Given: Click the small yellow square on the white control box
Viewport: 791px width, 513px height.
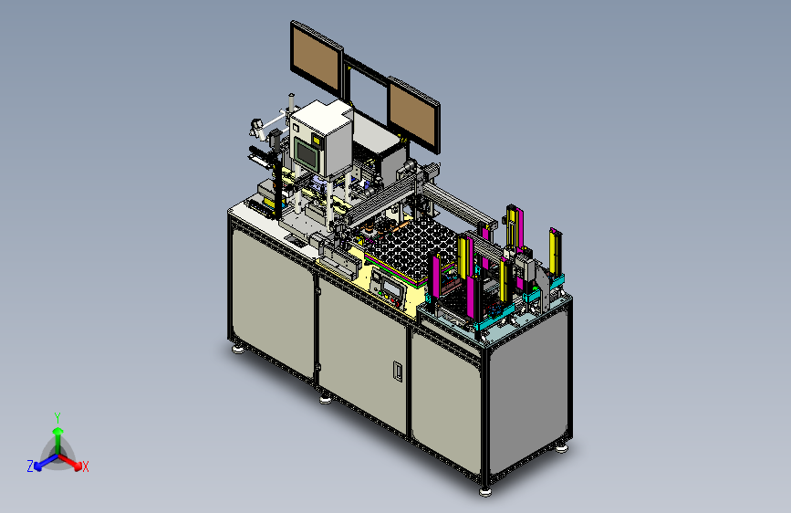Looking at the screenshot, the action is [317, 140].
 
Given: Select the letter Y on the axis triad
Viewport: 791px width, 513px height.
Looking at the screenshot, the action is [57, 417].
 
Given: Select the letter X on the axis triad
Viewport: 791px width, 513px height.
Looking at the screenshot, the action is [85, 466].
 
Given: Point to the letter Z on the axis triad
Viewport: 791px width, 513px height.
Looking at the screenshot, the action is [30, 466].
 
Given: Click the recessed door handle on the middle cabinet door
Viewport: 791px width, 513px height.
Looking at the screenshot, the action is [398, 371].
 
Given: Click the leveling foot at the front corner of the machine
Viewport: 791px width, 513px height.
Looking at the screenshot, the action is [484, 491].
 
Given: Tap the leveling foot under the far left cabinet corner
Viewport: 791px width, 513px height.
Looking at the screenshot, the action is [238, 349].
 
